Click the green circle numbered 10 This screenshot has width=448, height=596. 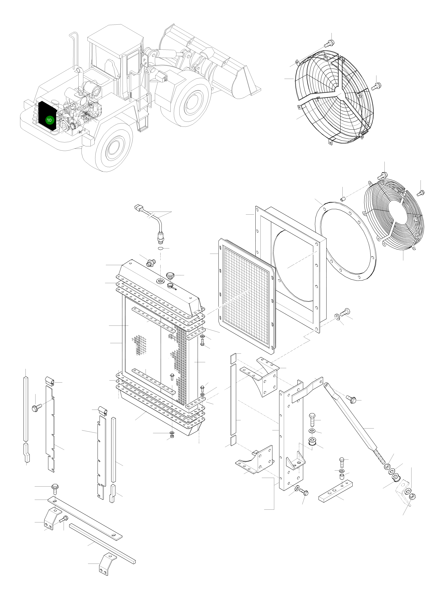49,120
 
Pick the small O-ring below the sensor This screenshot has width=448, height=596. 160,248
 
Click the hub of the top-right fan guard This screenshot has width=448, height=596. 342,96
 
